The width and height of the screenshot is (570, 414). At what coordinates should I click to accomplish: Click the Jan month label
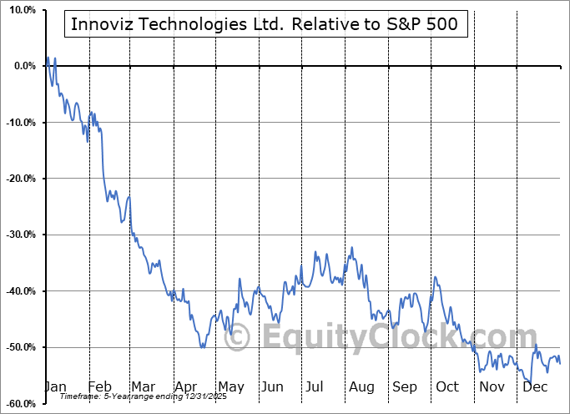point(55,386)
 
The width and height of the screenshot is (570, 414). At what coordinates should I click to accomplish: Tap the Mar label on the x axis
point(143,386)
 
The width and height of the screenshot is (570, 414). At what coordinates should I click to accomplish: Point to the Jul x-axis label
point(315,386)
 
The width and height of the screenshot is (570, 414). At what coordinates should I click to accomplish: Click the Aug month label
point(361,386)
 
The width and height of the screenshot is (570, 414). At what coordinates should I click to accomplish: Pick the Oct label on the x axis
point(447,386)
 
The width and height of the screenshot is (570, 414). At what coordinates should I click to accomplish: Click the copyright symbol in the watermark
point(237,337)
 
